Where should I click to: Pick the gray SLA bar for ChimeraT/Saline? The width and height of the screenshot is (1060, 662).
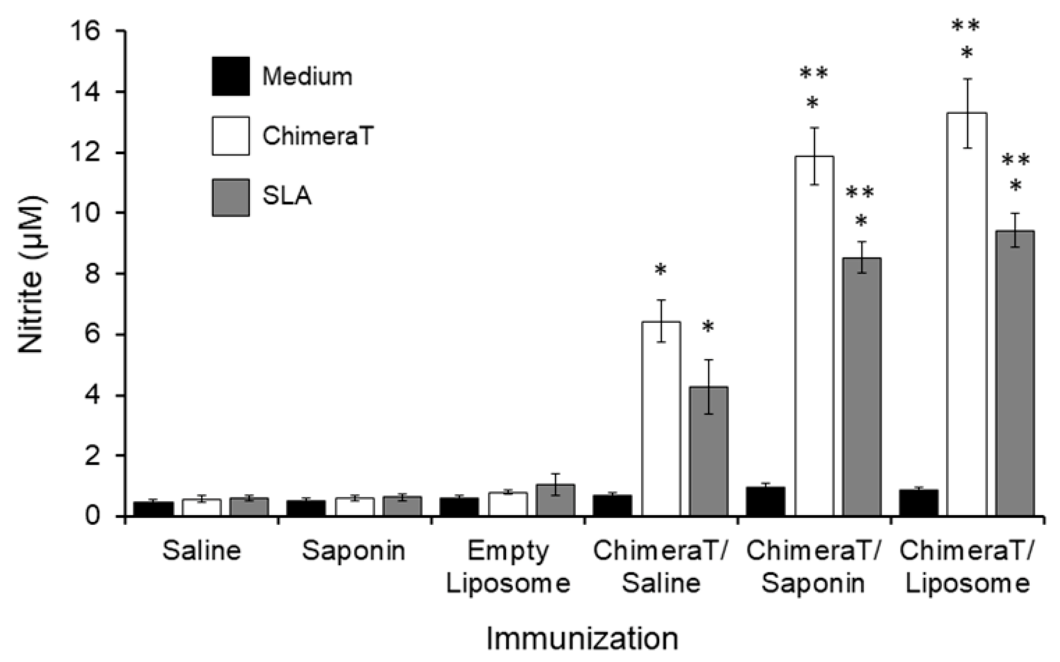click(x=708, y=451)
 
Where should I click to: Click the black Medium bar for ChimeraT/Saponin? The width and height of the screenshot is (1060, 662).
click(x=766, y=501)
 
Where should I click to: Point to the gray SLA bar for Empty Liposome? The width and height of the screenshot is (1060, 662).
click(x=555, y=499)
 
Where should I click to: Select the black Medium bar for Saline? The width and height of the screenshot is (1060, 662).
click(x=153, y=508)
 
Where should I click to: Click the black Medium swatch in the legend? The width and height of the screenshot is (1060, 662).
click(x=231, y=76)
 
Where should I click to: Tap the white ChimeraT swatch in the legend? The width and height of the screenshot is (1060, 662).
click(x=231, y=136)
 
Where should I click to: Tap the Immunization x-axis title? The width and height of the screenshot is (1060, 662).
click(x=582, y=639)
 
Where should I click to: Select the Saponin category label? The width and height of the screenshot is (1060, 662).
click(x=354, y=551)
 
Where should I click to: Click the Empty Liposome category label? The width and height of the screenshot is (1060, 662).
click(x=508, y=567)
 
